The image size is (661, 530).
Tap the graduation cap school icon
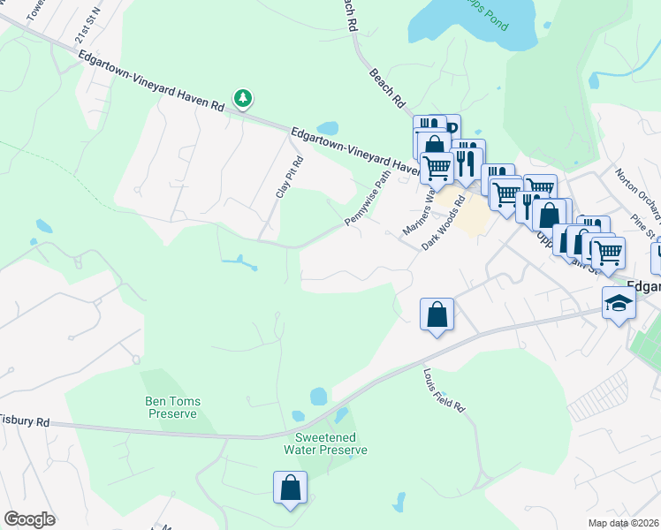click(x=619, y=303)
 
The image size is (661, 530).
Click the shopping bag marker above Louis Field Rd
click(x=437, y=314)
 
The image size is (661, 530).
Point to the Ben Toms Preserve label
click(x=172, y=407)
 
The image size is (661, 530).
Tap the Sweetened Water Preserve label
click(x=325, y=443)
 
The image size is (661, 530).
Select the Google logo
click(x=29, y=519)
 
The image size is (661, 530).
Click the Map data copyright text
click(x=624, y=523)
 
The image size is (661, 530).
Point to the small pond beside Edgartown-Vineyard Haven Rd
click(x=327, y=128)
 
